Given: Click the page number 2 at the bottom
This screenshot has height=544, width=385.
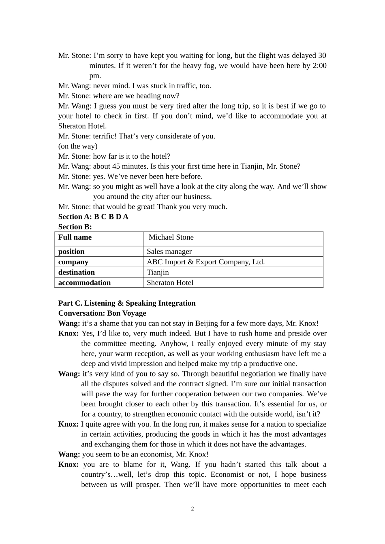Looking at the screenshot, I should point(192,509).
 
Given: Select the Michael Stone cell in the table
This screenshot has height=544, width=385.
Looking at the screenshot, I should point(171,238).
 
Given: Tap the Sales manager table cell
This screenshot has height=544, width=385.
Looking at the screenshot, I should point(169,252).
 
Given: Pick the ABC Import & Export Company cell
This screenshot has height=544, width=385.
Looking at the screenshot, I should point(205,262).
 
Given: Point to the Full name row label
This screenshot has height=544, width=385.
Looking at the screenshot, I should point(75,238).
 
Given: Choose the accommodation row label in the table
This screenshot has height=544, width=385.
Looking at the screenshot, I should point(84,283).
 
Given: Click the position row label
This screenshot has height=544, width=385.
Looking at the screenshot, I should point(71,252).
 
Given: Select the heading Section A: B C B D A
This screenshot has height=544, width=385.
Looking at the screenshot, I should point(93,217).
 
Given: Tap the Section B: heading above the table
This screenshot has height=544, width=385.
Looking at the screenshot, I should point(75,227).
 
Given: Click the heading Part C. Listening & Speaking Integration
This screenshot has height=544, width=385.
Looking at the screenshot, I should point(127,304).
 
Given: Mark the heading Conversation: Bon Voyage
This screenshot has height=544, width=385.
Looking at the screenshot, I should point(102,313).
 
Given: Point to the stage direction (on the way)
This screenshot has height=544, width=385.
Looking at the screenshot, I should point(78,146).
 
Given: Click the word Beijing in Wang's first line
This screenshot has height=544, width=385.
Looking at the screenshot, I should point(207,323).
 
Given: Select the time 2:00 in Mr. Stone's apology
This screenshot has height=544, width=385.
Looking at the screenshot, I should point(319,66).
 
